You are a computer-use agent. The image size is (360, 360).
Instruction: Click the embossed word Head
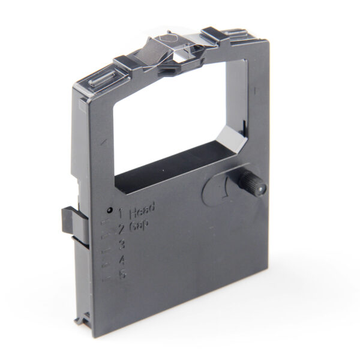click(x=142, y=209)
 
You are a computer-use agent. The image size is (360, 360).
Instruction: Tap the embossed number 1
click(x=121, y=212)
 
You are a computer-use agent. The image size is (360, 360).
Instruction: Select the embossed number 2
click(x=121, y=228)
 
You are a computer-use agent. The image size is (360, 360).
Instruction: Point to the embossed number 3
click(x=122, y=244)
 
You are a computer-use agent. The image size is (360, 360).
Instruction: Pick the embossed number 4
click(x=122, y=260)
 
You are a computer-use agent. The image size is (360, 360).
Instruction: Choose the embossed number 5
click(x=123, y=276)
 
